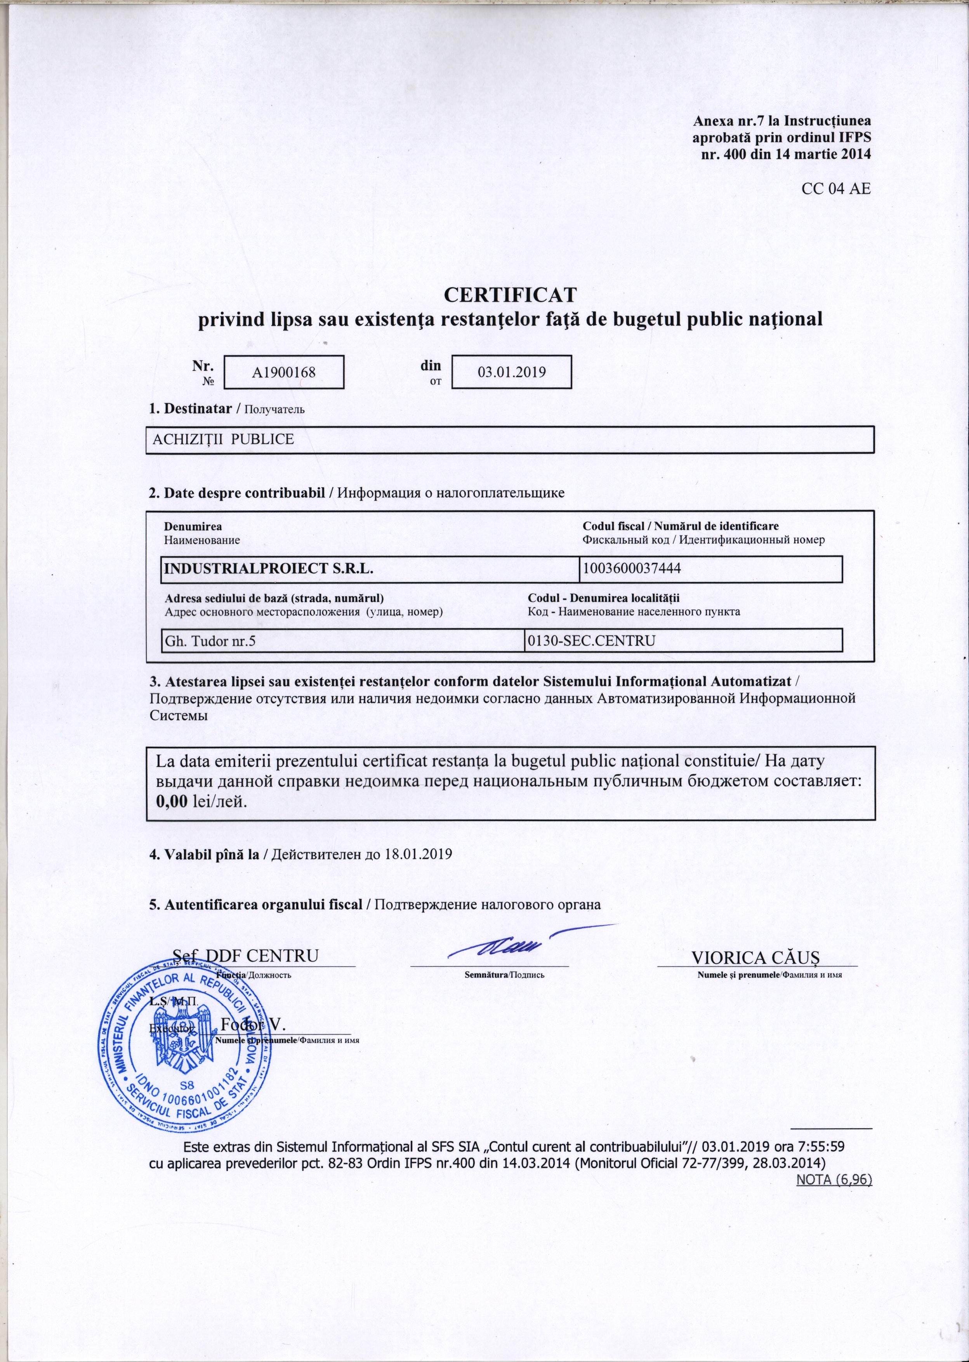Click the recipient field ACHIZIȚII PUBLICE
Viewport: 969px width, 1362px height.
pyautogui.click(x=224, y=440)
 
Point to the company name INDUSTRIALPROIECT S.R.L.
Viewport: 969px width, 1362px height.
pyautogui.click(x=269, y=568)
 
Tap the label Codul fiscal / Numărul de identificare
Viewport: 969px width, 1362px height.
pyautogui.click(x=680, y=526)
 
